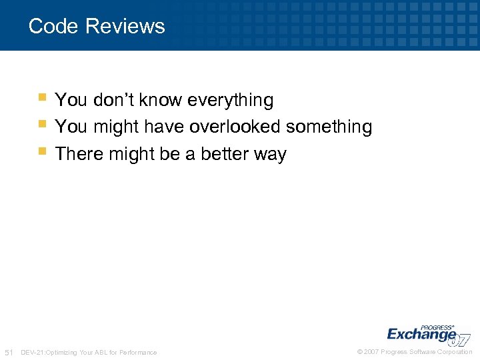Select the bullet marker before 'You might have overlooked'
tap(42, 124)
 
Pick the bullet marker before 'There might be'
tap(42, 151)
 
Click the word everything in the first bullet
tap(231, 100)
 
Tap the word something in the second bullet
tap(329, 127)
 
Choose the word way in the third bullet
tap(271, 155)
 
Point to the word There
tap(77, 154)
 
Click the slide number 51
tap(9, 352)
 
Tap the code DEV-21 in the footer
tap(33, 352)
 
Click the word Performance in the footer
tap(139, 352)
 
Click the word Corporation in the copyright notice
tap(455, 352)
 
